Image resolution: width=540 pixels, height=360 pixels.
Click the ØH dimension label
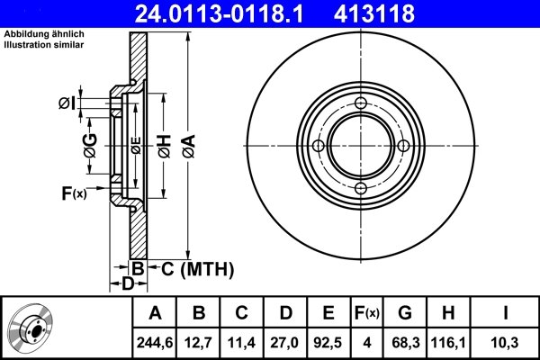pos(164,144)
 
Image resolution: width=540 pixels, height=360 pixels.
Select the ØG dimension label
pos(90,144)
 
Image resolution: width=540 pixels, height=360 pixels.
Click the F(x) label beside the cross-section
pos(73,193)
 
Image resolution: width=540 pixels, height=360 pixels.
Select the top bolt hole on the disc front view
pos(359,103)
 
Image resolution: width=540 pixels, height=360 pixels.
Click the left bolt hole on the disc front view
pos(318,146)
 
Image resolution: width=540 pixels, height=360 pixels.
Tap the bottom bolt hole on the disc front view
pos(359,188)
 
